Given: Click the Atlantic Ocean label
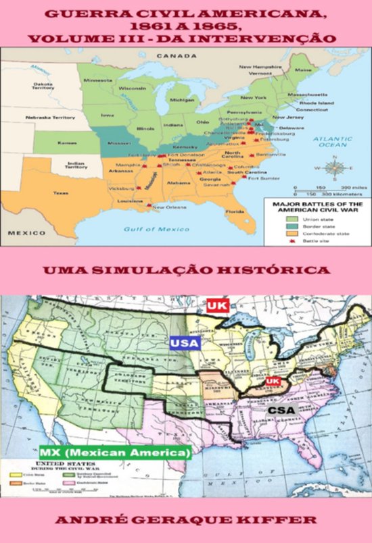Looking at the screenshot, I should tap(333, 140).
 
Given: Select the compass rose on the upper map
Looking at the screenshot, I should tap(333, 165).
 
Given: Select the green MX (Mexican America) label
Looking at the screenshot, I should tap(115, 452).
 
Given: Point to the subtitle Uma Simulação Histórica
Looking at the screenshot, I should tap(186, 270).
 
